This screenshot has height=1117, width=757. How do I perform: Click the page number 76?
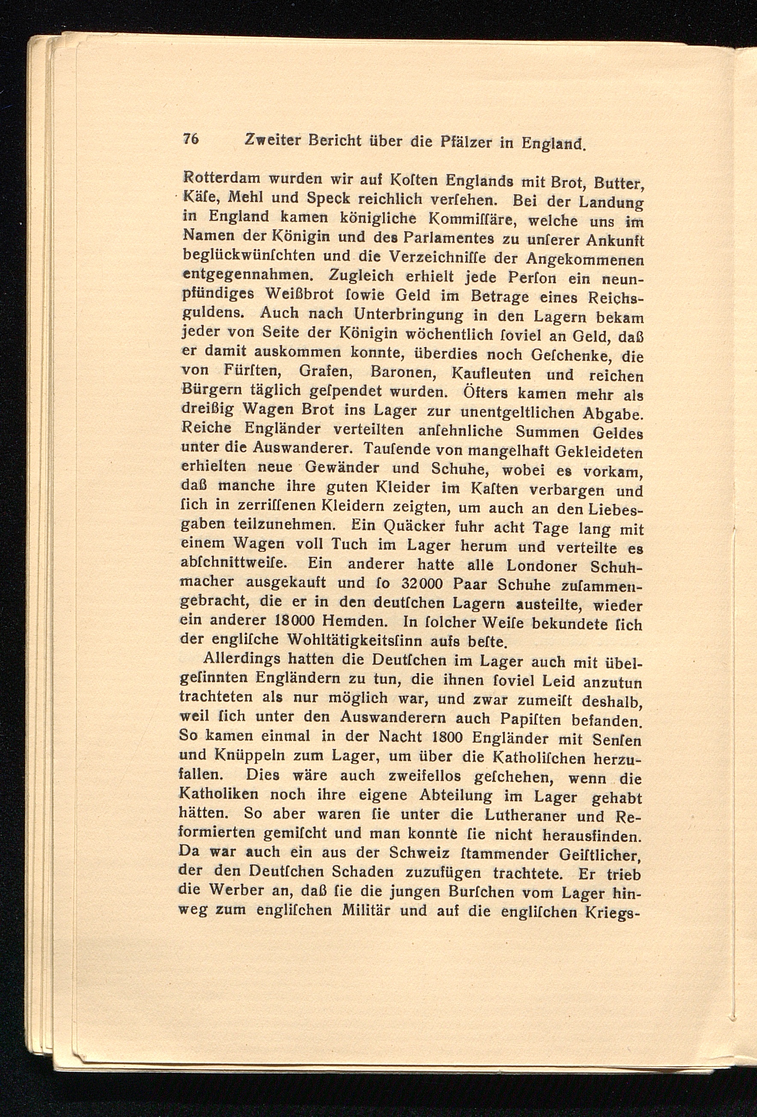191,139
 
